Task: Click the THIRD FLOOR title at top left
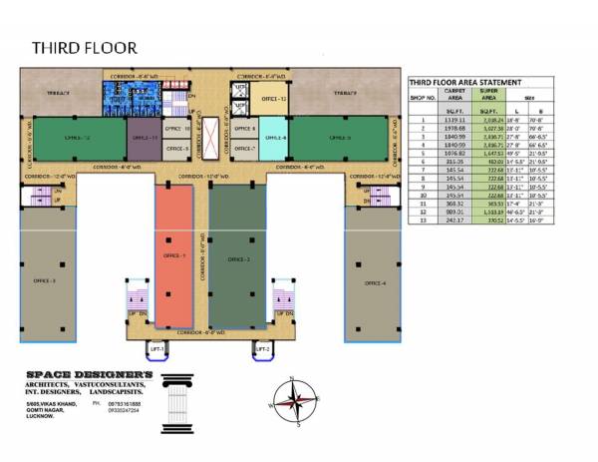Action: pyautogui.click(x=84, y=47)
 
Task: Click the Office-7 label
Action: pyautogui.click(x=244, y=149)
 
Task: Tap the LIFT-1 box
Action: pyautogui.click(x=156, y=348)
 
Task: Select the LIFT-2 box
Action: pyautogui.click(x=262, y=348)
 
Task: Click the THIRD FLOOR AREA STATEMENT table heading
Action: pyautogui.click(x=479, y=83)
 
